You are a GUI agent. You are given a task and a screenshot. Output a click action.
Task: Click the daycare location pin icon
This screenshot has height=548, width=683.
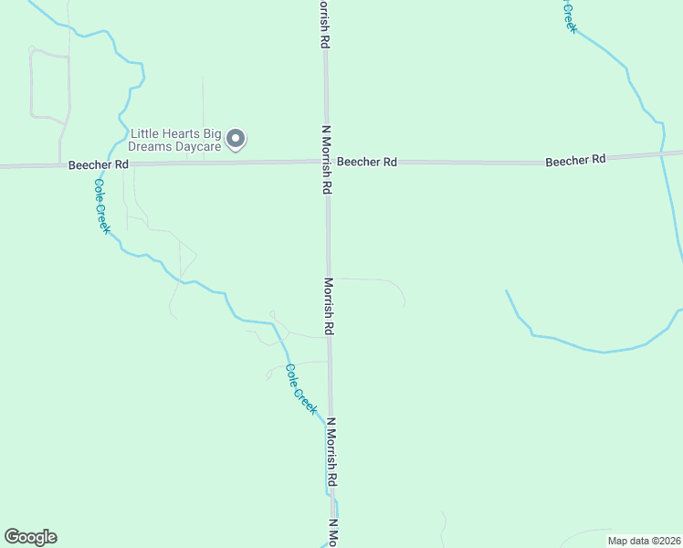tap(236, 139)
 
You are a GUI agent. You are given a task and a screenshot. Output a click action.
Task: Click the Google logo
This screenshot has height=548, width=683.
tap(30, 537)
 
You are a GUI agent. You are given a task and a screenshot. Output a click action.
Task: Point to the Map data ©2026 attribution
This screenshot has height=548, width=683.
tap(644, 541)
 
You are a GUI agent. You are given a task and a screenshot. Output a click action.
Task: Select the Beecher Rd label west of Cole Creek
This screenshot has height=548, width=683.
tap(98, 164)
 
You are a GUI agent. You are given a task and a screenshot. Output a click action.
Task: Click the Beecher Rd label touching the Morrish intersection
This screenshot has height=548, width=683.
tap(367, 162)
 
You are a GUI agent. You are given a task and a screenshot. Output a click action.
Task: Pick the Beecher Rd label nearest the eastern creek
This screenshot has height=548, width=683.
tap(575, 160)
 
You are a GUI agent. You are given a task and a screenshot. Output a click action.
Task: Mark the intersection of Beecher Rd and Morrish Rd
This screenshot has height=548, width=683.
tap(325, 163)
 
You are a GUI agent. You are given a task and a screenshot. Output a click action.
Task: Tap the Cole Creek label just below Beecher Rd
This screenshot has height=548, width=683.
tap(102, 205)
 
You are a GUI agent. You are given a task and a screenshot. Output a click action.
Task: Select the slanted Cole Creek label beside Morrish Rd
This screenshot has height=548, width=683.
tap(300, 390)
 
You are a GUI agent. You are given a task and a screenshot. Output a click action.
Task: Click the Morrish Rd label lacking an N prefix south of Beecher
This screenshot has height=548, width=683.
tap(328, 307)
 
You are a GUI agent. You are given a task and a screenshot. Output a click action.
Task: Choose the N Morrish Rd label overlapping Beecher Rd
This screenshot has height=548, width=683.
tap(324, 160)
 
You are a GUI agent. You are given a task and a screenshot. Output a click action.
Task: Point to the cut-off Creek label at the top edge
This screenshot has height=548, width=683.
tap(569, 16)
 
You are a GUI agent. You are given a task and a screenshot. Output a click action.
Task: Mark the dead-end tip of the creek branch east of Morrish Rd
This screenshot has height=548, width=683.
tap(507, 291)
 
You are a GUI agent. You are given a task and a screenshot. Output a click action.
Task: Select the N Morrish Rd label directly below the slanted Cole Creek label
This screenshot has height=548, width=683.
tap(332, 453)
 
